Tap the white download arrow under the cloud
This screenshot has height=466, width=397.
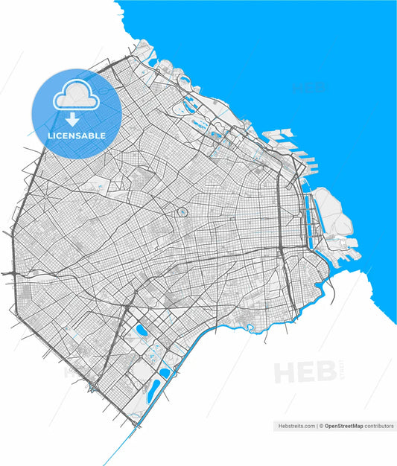point(73,119)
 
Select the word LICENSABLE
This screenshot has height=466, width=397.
point(77,136)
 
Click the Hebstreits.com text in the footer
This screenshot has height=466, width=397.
point(296,426)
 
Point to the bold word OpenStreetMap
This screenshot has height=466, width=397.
point(346,426)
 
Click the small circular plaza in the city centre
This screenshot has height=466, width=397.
point(182,213)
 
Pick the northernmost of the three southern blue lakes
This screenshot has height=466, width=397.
point(141,330)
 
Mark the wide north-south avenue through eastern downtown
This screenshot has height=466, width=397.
point(279,223)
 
